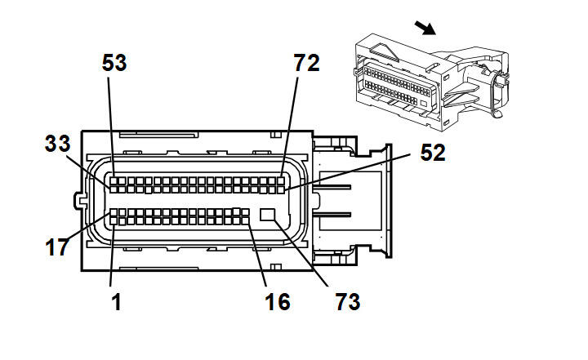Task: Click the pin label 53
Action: pyautogui.click(x=115, y=63)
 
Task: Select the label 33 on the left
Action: pyautogui.click(x=57, y=144)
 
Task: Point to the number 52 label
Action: pyautogui.click(x=433, y=153)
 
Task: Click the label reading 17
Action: pyautogui.click(x=57, y=247)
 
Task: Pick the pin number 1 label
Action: pyautogui.click(x=116, y=302)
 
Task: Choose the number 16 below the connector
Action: pyautogui.click(x=278, y=302)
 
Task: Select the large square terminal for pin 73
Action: pyautogui.click(x=268, y=216)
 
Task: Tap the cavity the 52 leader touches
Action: pyautogui.click(x=283, y=189)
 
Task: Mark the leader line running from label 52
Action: pyautogui.click(x=351, y=171)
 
